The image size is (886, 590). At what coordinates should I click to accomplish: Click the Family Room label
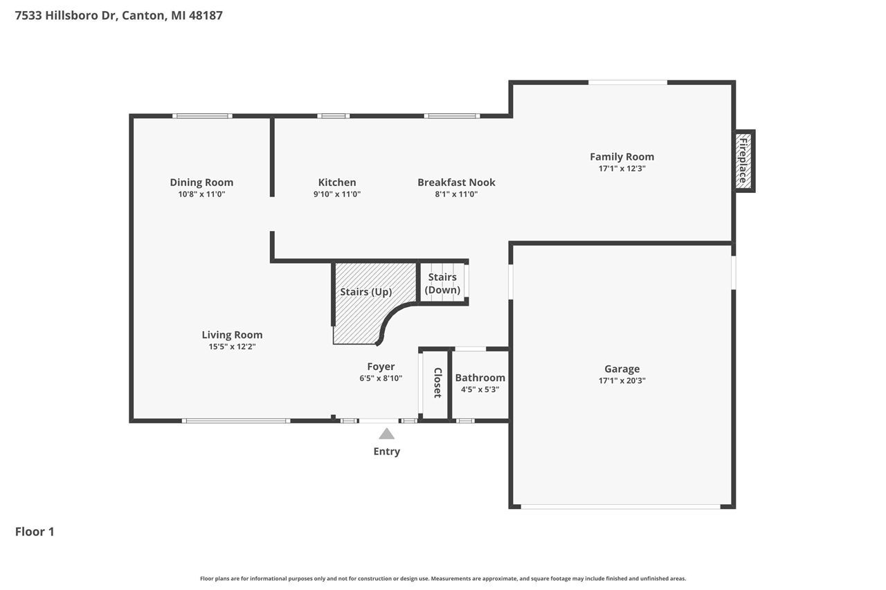pyautogui.click(x=622, y=157)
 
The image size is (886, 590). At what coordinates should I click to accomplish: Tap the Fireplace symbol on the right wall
pyautogui.click(x=743, y=161)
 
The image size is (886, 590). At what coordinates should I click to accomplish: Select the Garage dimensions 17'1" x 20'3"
pyautogui.click(x=622, y=380)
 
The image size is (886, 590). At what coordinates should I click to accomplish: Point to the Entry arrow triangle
pyautogui.click(x=386, y=434)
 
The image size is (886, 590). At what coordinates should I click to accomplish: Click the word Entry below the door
pyautogui.click(x=386, y=452)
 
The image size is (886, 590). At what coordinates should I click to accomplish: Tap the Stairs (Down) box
pyautogui.click(x=442, y=283)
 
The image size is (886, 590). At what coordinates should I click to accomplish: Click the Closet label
pyautogui.click(x=437, y=382)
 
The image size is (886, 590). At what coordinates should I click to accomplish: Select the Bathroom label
pyautogui.click(x=480, y=378)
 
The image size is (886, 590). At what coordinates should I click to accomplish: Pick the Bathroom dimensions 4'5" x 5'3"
pyautogui.click(x=480, y=389)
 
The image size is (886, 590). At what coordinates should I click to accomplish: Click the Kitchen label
pyautogui.click(x=337, y=183)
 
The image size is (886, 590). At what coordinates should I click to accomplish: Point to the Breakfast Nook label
pyautogui.click(x=456, y=183)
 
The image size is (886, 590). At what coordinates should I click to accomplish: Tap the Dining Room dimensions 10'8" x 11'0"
pyautogui.click(x=201, y=194)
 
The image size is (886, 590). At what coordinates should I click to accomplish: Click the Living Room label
pyautogui.click(x=232, y=335)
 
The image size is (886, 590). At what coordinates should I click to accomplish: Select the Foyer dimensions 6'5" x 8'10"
pyautogui.click(x=381, y=378)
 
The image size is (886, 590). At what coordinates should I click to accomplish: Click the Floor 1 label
pyautogui.click(x=35, y=532)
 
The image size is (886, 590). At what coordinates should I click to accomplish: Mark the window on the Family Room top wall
pyautogui.click(x=628, y=82)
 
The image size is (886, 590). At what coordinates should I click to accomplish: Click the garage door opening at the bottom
pyautogui.click(x=621, y=506)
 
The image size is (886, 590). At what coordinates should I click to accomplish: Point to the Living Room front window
pyautogui.click(x=236, y=421)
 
